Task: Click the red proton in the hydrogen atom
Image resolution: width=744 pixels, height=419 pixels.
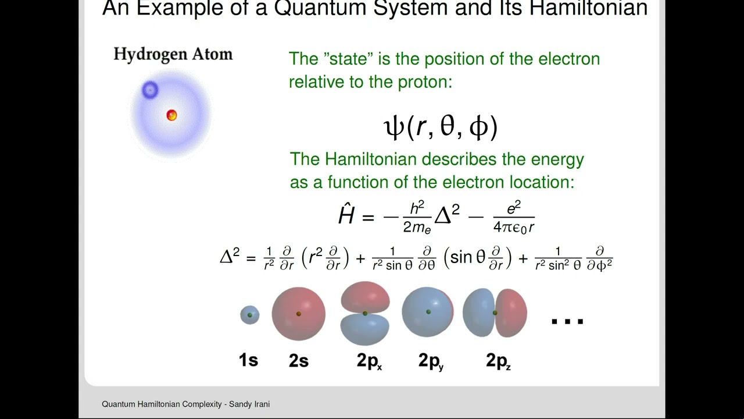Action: pyautogui.click(x=171, y=115)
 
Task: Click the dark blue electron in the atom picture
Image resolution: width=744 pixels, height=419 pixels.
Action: pyautogui.click(x=150, y=90)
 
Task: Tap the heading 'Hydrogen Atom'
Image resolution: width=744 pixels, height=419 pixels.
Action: pyautogui.click(x=173, y=54)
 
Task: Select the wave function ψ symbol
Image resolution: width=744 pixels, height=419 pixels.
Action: pyautogui.click(x=394, y=127)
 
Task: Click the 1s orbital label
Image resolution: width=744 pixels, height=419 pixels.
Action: pyautogui.click(x=248, y=360)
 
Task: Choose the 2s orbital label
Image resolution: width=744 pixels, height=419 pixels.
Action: pyautogui.click(x=298, y=361)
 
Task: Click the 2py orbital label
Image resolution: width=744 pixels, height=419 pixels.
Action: pyautogui.click(x=431, y=361)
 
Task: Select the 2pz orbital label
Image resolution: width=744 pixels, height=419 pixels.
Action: pyautogui.click(x=498, y=361)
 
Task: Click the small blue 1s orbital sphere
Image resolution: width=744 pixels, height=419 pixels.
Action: pyautogui.click(x=250, y=315)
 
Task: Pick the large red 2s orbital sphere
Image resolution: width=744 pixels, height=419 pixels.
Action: pyautogui.click(x=299, y=314)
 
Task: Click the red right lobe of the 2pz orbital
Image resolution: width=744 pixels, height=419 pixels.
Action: pyautogui.click(x=513, y=313)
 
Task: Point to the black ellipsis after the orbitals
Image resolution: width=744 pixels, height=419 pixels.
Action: pyautogui.click(x=567, y=321)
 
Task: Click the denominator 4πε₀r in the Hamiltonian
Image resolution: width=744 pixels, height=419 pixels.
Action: pyautogui.click(x=514, y=228)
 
